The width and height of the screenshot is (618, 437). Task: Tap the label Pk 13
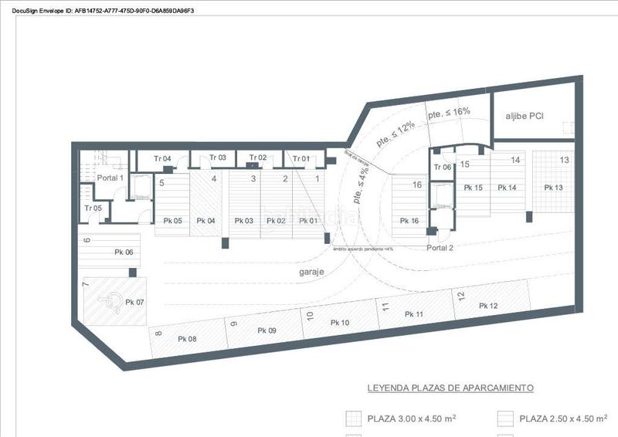click(553, 188)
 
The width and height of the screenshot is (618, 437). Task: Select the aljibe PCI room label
click(525, 116)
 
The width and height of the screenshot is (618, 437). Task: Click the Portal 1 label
click(110, 178)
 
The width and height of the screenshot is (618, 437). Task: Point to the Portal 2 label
click(440, 247)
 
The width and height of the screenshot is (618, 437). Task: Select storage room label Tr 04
click(162, 159)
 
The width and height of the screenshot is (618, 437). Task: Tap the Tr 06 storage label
click(442, 168)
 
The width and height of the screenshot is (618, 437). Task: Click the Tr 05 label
click(93, 208)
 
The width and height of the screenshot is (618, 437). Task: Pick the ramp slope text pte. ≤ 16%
click(449, 113)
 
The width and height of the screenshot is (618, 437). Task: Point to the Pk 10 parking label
click(340, 323)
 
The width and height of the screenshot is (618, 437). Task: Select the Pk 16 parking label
click(409, 221)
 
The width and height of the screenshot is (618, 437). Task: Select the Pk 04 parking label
click(205, 221)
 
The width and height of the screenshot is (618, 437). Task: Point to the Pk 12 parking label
click(488, 307)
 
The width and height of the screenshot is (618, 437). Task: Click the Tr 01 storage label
click(301, 159)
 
